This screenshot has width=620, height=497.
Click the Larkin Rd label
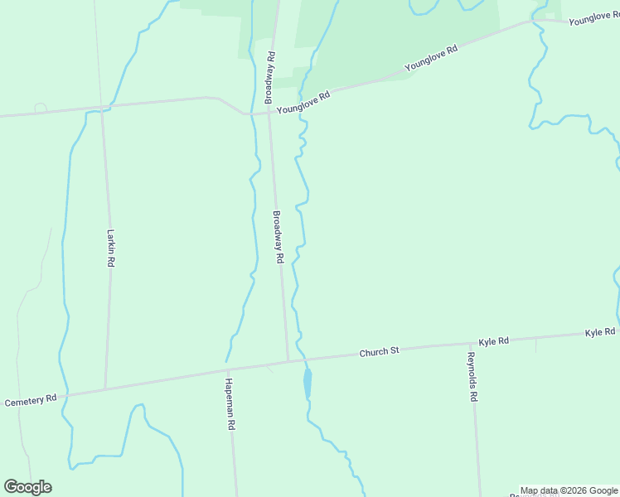point(110,248)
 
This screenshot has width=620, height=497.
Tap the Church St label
point(379,352)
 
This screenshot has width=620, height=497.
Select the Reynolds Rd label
point(472,377)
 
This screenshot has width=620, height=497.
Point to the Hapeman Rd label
point(230,403)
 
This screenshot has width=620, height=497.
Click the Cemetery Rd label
point(31,401)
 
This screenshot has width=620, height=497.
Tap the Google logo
point(27,486)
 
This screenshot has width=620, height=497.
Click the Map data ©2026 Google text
point(569,490)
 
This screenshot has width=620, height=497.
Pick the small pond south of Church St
point(308,384)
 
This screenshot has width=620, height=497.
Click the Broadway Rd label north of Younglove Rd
point(269,77)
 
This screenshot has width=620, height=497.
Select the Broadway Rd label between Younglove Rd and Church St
point(279,237)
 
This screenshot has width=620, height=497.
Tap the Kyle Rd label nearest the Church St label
point(493,341)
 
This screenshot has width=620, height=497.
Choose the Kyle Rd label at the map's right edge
point(600,332)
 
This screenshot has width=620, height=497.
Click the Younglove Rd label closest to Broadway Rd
point(303,103)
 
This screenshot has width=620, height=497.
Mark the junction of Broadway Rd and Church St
point(288,360)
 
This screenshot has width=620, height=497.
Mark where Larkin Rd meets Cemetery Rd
point(105,388)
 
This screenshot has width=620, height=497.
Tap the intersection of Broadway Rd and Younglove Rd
point(268,113)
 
